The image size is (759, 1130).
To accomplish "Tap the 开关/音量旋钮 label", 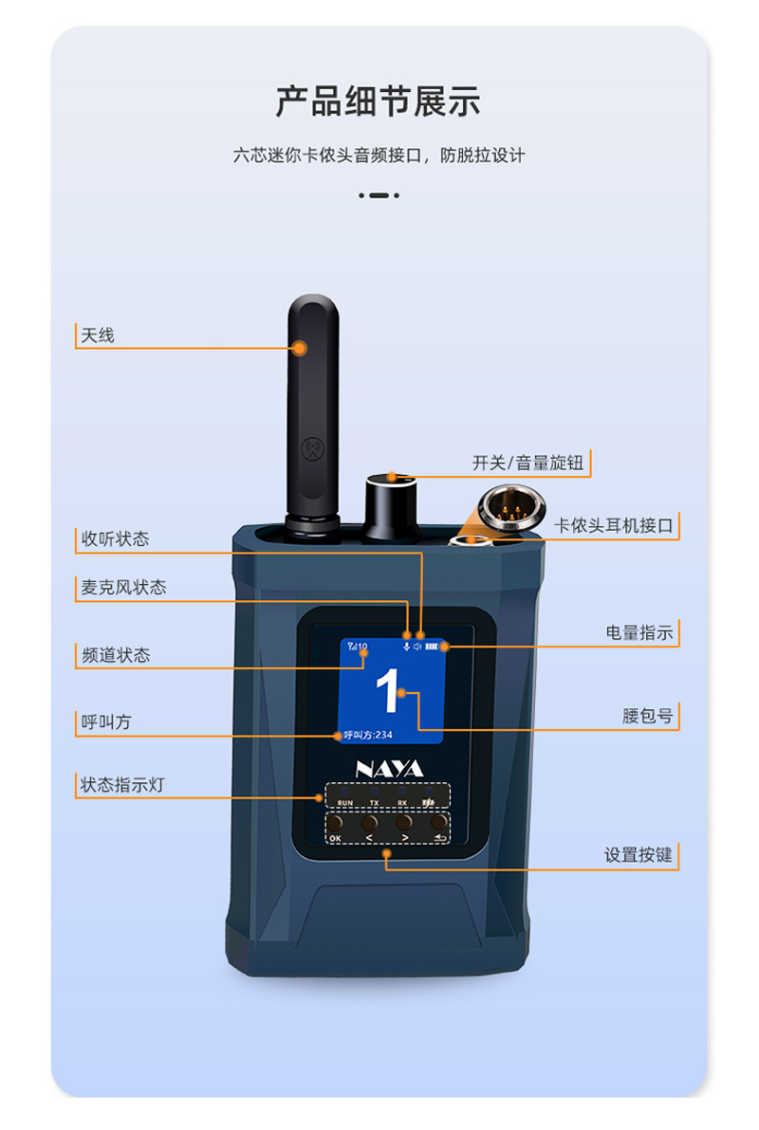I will tap(529, 464).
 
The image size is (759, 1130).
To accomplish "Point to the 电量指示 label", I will tap(639, 632).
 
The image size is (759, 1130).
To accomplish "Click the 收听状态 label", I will tap(115, 539).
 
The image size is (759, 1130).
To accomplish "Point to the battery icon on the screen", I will tap(435, 647).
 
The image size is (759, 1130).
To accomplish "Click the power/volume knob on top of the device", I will tap(390, 507).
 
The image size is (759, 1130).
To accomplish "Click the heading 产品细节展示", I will tap(378, 100).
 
